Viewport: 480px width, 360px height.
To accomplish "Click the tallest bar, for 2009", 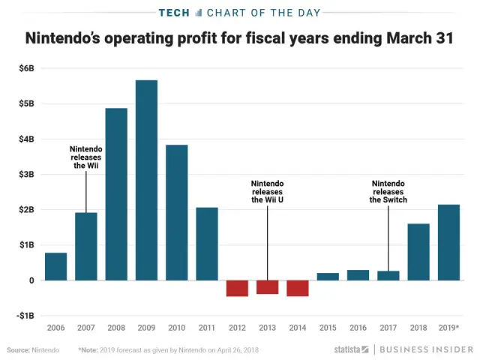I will [146, 180].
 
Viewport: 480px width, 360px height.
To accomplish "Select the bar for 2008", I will [116, 194].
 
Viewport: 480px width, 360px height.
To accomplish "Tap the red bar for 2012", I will [237, 288].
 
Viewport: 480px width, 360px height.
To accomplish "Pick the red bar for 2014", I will [298, 288].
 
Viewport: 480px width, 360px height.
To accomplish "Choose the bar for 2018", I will [418, 252].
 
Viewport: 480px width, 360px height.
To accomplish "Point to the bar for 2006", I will [55, 266].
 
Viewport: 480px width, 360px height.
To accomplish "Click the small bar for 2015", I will [328, 276].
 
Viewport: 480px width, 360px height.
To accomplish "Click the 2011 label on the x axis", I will [207, 328].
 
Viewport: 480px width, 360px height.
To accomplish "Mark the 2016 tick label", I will [358, 328].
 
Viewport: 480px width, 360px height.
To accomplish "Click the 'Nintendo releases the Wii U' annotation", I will [268, 192].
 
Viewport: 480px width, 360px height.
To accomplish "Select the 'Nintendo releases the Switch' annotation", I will [388, 192].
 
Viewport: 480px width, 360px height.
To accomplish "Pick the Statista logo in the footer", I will [346, 349].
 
